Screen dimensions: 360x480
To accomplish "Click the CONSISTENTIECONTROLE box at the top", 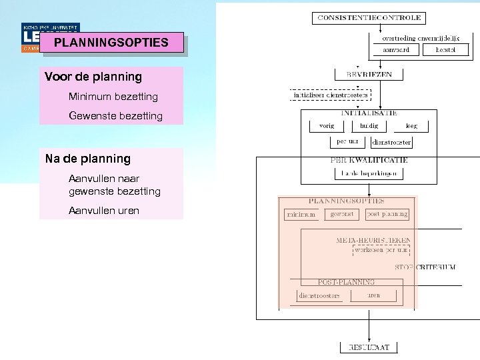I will click(369, 18).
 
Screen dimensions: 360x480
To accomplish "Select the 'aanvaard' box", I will click(401, 50).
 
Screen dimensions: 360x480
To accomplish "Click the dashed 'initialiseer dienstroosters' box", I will click(331, 95).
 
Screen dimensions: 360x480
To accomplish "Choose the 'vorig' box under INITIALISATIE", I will click(326, 125).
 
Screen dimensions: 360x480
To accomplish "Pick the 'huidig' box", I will click(369, 125).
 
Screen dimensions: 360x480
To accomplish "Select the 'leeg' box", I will click(411, 125).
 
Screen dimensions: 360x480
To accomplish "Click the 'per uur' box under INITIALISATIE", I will click(347, 141).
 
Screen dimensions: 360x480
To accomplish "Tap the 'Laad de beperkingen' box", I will click(369, 173).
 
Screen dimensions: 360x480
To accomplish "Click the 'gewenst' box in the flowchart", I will click(342, 214).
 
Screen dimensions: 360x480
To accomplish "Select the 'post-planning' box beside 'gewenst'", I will click(387, 214).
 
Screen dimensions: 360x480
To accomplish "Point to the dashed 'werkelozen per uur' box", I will click(381, 250).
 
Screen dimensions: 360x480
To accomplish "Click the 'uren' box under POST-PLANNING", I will click(373, 295).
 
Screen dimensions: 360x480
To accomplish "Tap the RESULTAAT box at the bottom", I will click(369, 347).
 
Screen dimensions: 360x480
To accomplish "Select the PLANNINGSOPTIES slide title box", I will click(111, 43).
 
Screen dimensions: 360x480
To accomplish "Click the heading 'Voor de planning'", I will click(93, 76).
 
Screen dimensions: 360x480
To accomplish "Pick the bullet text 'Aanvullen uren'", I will click(104, 211).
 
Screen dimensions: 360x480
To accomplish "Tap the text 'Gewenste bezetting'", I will click(115, 116).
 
